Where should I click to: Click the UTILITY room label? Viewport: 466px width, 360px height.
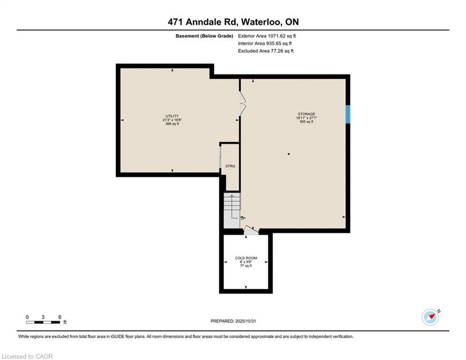[x=172, y=116]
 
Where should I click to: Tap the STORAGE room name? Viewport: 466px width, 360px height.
[x=306, y=114]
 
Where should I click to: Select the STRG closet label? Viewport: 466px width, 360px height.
[x=230, y=166]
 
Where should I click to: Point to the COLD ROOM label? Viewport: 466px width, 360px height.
[x=246, y=258]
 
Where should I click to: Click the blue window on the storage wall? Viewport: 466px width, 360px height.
[x=348, y=114]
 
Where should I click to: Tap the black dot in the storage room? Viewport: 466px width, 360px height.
[x=288, y=154]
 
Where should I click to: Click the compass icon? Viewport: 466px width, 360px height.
[x=430, y=317]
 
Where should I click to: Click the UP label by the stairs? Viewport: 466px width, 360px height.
[x=243, y=218]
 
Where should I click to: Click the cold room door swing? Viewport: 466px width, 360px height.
[x=251, y=230]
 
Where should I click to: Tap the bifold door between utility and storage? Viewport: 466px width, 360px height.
[x=243, y=103]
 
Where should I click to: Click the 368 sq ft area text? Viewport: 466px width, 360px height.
[x=172, y=124]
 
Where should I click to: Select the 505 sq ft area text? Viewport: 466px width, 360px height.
[x=306, y=122]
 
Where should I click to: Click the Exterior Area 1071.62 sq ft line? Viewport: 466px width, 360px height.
[x=267, y=36]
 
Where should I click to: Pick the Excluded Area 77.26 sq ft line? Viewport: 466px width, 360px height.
[x=266, y=51]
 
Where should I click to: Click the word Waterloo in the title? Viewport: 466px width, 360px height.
[x=260, y=22]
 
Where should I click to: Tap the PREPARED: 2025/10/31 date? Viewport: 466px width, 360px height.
[x=233, y=321]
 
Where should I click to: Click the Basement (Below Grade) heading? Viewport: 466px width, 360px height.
[x=205, y=36]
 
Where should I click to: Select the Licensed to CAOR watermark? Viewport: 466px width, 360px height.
[x=27, y=356]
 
